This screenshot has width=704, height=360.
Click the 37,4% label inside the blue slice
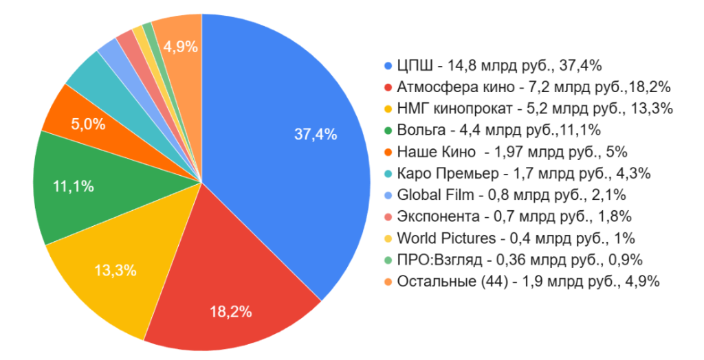[x=316, y=135]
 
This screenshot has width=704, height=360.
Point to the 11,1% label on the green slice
[x=73, y=186]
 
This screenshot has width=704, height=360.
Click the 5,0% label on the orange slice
[x=89, y=124]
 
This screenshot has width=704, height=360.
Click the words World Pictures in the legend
[x=446, y=238]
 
